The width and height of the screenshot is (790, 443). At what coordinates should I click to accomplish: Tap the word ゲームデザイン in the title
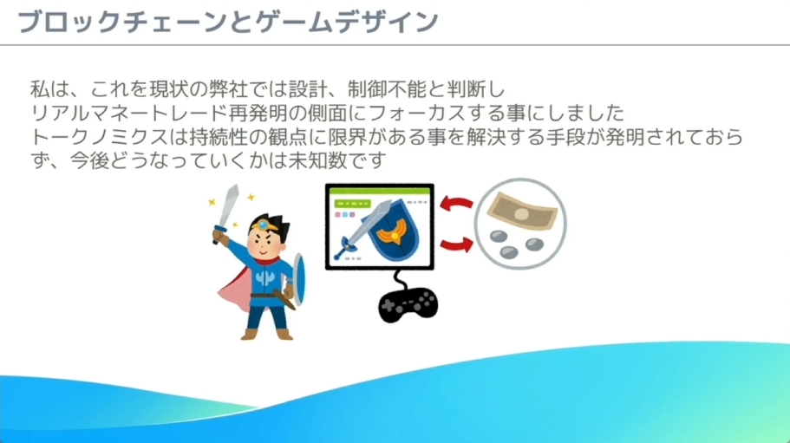pyautogui.click(x=347, y=23)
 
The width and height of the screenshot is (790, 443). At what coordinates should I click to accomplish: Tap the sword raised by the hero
pyautogui.click(x=226, y=214)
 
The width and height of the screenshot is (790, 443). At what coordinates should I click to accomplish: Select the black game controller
pyautogui.click(x=408, y=304)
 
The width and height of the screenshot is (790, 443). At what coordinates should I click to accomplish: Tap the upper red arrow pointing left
pyautogui.click(x=457, y=204)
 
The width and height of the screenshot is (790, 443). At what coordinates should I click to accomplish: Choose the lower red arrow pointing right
pyautogui.click(x=457, y=245)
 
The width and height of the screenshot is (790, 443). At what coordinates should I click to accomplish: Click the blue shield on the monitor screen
pyautogui.click(x=393, y=230)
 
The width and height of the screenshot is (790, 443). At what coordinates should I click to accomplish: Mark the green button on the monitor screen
pyautogui.click(x=353, y=204)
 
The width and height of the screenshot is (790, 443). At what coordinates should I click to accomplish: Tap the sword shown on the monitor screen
pyautogui.click(x=362, y=230)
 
